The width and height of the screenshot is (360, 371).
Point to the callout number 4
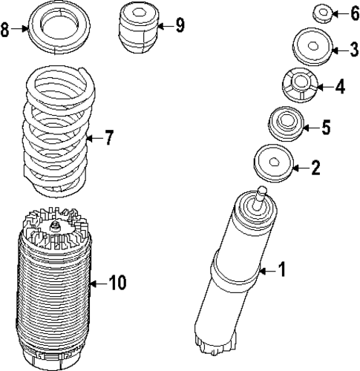click(x=339, y=87)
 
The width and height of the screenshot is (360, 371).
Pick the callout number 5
click(x=325, y=128)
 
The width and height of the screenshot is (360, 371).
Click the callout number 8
click(x=6, y=30)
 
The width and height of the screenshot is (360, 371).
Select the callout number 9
click(x=179, y=25)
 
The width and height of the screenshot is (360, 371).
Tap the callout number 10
click(x=117, y=282)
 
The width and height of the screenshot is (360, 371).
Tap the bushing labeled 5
click(x=285, y=124)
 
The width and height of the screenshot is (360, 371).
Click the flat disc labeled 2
click(x=272, y=164)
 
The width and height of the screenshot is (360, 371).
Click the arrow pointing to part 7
click(x=91, y=138)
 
